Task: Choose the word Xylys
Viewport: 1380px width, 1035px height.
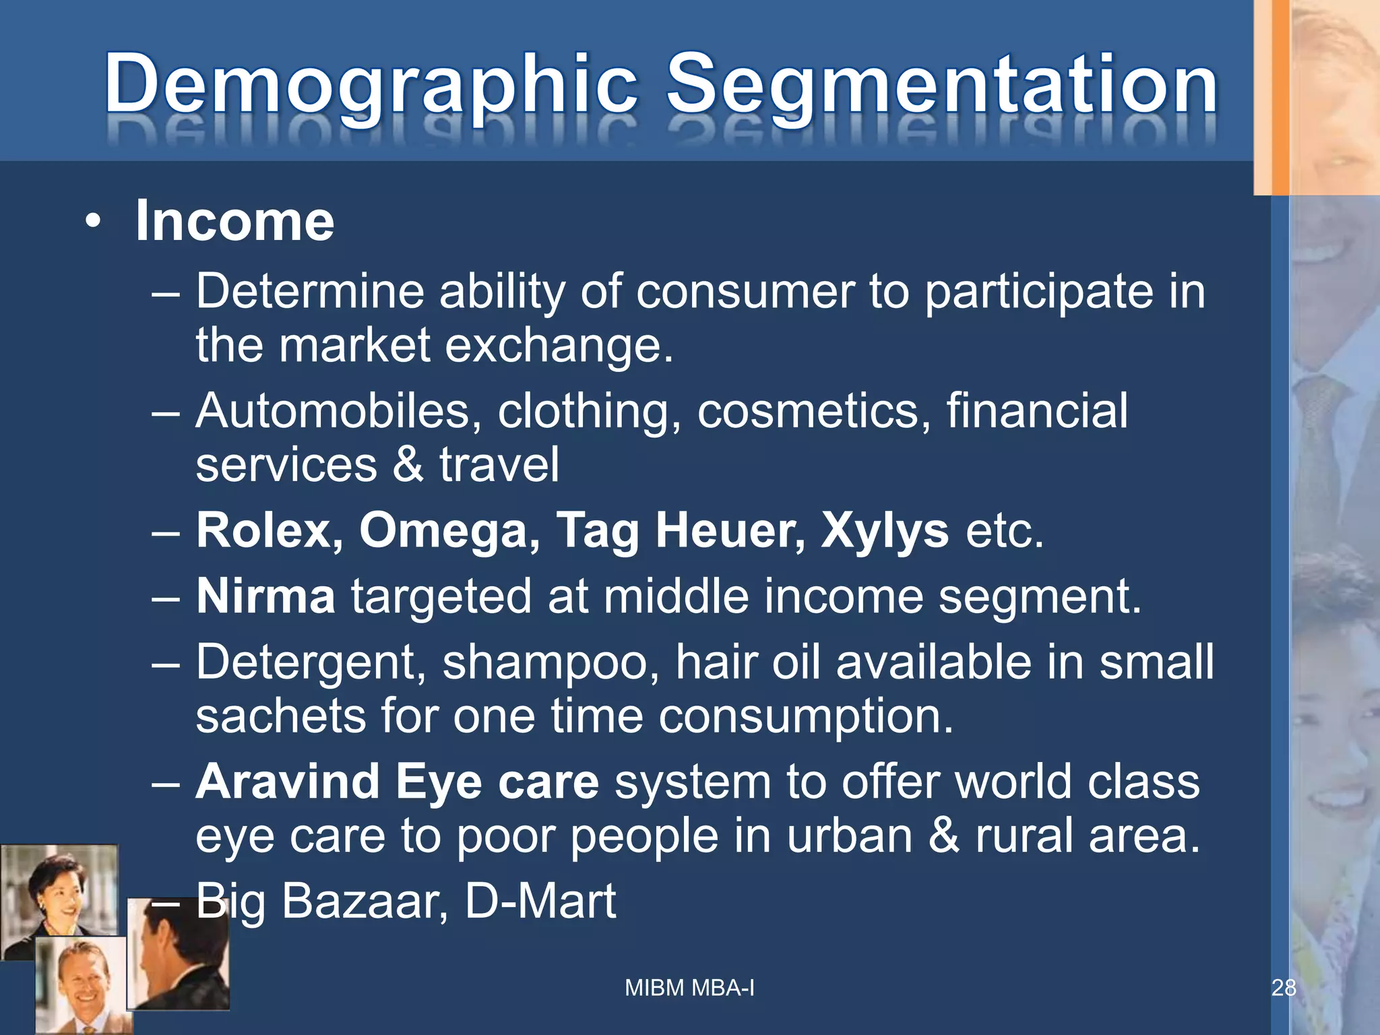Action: [x=885, y=531]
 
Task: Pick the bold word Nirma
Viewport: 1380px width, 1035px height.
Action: [x=265, y=597]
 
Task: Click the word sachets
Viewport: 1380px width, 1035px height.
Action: [x=280, y=716]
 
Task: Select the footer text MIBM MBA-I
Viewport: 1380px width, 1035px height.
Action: [x=689, y=988]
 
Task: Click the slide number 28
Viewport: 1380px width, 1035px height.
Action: [x=1284, y=988]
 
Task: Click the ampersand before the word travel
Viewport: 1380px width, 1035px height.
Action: [x=408, y=465]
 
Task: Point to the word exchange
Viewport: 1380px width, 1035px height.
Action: [x=559, y=345]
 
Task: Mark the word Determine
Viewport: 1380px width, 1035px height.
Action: [x=310, y=292]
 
